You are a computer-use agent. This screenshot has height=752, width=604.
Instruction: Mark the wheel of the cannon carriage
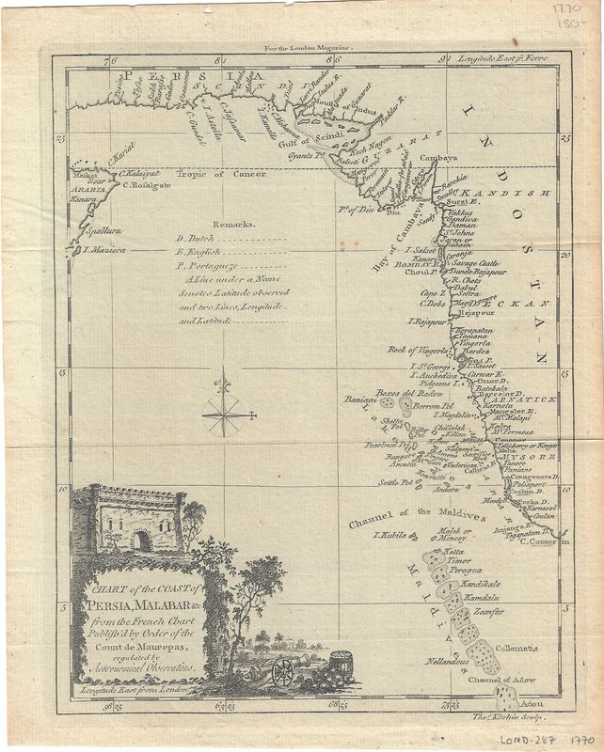pyautogui.click(x=282, y=671)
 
